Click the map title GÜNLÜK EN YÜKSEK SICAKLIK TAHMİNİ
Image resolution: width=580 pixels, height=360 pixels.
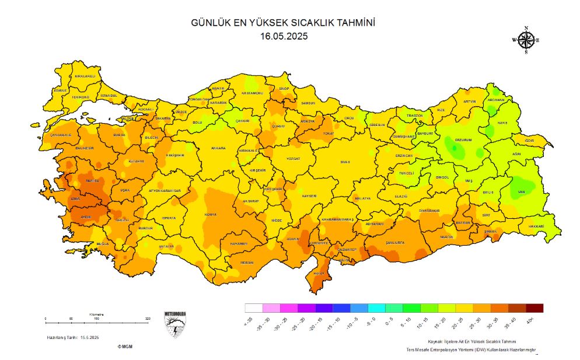coord(283,23)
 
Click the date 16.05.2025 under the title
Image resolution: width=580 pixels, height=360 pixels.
coord(284,36)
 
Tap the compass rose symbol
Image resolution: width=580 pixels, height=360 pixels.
coord(526,40)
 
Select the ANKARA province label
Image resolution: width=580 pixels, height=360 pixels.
coord(218,148)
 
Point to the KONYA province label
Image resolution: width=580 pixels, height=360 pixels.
coord(211,214)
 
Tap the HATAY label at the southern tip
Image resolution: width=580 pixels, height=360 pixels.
coord(319,273)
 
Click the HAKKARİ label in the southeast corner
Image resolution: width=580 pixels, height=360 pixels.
coord(536,226)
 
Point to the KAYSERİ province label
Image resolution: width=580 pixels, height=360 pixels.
coord(309,197)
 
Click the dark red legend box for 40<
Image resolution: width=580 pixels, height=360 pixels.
coord(534,308)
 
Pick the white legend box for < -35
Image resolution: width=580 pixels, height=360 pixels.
coord(254,308)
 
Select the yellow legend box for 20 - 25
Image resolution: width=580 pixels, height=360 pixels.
coord(464,308)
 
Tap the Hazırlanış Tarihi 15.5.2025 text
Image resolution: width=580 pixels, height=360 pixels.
coord(73,338)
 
